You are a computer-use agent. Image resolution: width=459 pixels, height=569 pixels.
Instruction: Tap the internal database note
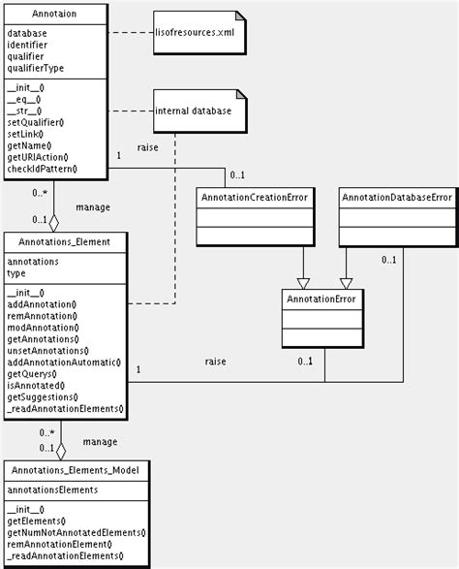[194, 111]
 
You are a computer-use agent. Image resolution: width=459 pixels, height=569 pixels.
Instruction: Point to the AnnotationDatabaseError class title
[396, 198]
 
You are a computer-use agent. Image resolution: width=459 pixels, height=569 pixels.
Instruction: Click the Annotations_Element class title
[65, 241]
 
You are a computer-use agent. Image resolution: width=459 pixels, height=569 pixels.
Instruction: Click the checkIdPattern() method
[43, 170]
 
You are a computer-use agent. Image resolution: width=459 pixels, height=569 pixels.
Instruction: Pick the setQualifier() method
[36, 122]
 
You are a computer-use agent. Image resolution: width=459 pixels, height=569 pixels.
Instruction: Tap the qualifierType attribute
[36, 69]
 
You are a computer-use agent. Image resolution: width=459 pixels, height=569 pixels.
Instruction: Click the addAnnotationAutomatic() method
[64, 362]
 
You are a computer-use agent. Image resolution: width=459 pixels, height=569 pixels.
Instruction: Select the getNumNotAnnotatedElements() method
[76, 532]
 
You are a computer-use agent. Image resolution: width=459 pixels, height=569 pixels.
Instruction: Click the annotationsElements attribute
[52, 490]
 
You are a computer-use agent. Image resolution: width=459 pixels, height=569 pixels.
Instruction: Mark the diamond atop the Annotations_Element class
[54, 221]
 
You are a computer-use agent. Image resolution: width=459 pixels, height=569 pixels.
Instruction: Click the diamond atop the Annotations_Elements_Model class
[61, 451]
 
